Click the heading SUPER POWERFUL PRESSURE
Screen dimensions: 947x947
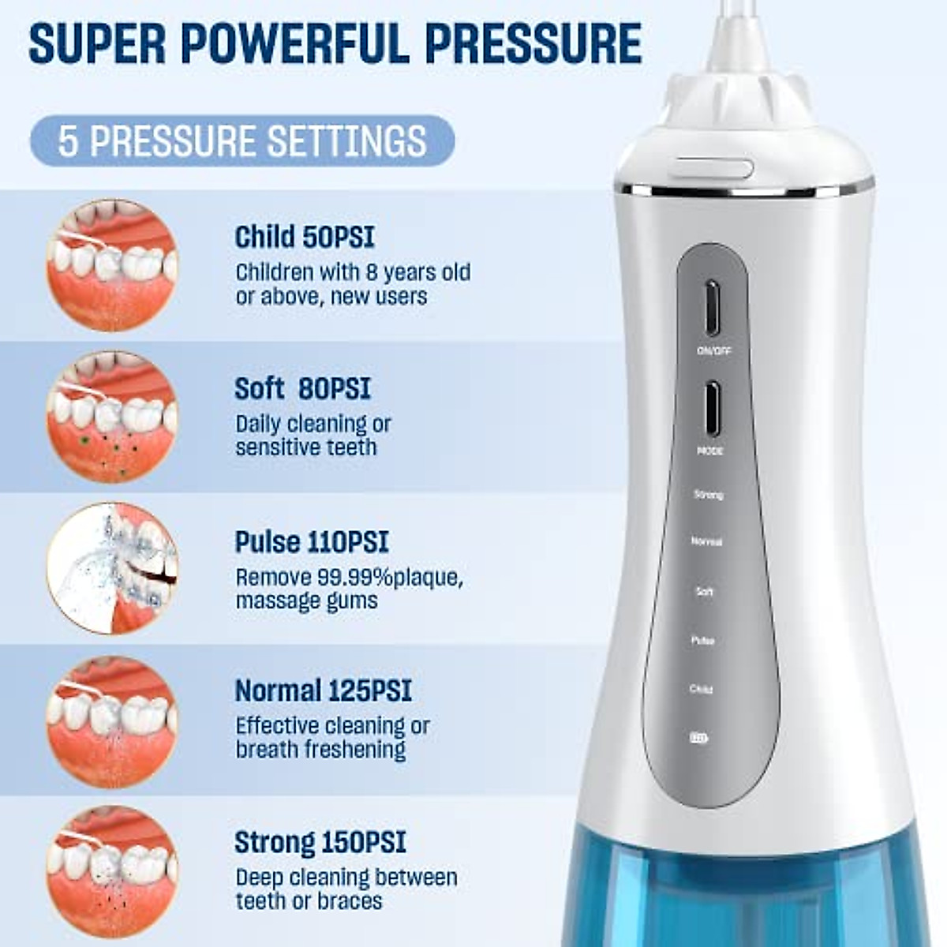point(335,44)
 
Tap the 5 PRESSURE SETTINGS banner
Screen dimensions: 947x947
point(241,141)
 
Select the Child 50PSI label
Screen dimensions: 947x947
point(305,237)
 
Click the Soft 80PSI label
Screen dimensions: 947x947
point(302,389)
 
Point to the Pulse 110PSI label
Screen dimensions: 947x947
point(312,542)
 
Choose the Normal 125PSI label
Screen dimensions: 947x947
point(324,691)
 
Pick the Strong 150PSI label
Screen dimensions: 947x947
point(320,843)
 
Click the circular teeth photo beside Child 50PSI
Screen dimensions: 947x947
point(112,264)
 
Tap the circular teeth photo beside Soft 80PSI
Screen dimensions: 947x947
point(112,417)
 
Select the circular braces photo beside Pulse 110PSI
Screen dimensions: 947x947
point(112,568)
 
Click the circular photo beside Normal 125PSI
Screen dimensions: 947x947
point(112,721)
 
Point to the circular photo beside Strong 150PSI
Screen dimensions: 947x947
point(112,871)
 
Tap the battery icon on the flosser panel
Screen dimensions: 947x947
point(699,739)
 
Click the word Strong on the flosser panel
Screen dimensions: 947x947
point(708,495)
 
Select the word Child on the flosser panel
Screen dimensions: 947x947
point(701,690)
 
